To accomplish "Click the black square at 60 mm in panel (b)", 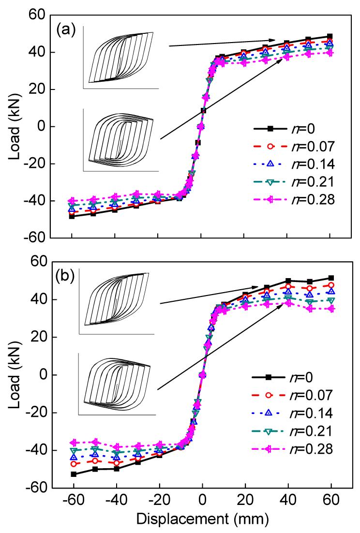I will pos(330,278).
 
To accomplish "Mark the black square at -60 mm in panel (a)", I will pos(72,216).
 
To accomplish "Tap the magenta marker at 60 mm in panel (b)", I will pos(330,309).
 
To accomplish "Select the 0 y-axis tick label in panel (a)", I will pos(40,127).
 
